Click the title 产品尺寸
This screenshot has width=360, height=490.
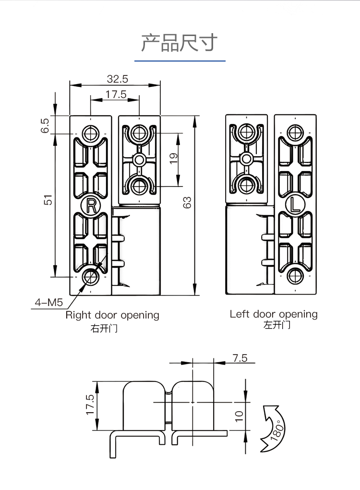click(x=179, y=43)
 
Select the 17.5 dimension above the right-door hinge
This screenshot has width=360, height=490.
click(x=116, y=94)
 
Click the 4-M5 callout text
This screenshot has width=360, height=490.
click(x=48, y=303)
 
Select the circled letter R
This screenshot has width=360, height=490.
click(x=91, y=205)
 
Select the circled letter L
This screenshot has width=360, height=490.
click(x=295, y=205)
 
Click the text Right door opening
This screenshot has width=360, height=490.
click(x=112, y=315)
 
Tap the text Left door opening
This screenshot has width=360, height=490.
click(x=274, y=314)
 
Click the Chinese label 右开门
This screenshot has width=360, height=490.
click(x=104, y=329)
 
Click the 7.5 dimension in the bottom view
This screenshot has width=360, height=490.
click(x=240, y=358)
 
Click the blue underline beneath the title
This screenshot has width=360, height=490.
click(x=180, y=61)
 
